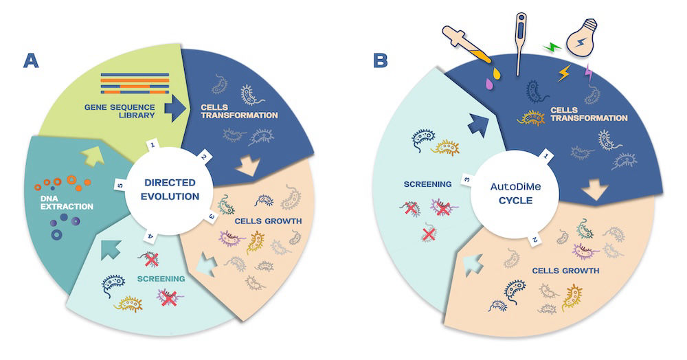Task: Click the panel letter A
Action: (30, 60)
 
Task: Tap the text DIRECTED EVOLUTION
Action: (170, 189)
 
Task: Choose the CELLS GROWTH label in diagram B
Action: (565, 271)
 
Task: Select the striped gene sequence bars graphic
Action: (135, 83)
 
